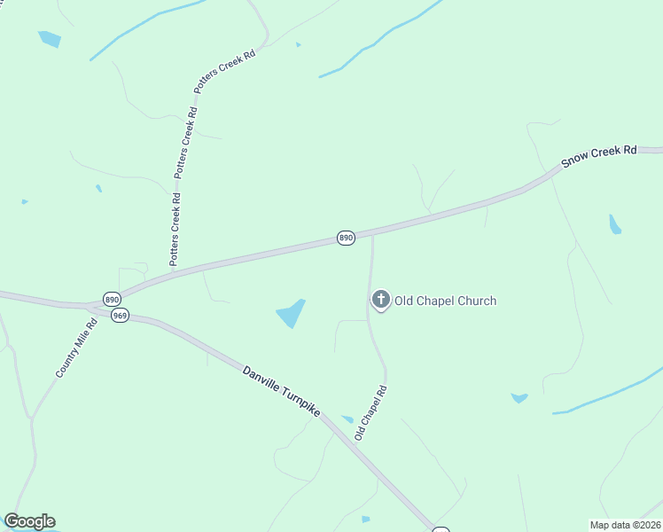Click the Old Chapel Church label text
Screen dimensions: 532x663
(x=445, y=301)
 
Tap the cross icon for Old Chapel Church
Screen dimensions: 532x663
(x=381, y=300)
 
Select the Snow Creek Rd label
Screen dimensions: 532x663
(x=599, y=157)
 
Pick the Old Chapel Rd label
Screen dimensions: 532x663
(x=371, y=413)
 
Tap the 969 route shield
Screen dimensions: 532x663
(x=121, y=315)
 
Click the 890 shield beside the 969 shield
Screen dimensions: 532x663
(x=111, y=299)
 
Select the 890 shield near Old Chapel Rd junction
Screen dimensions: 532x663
(x=346, y=238)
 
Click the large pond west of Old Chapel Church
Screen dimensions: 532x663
(x=291, y=313)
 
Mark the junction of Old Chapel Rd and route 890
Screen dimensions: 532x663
(x=372, y=234)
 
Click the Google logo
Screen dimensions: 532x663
(x=29, y=521)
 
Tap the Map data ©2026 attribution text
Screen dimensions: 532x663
(x=624, y=525)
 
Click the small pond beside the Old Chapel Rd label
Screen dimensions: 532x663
(x=347, y=419)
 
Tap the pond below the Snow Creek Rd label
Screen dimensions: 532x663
(x=614, y=224)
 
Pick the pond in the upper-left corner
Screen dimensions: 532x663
(x=50, y=39)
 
